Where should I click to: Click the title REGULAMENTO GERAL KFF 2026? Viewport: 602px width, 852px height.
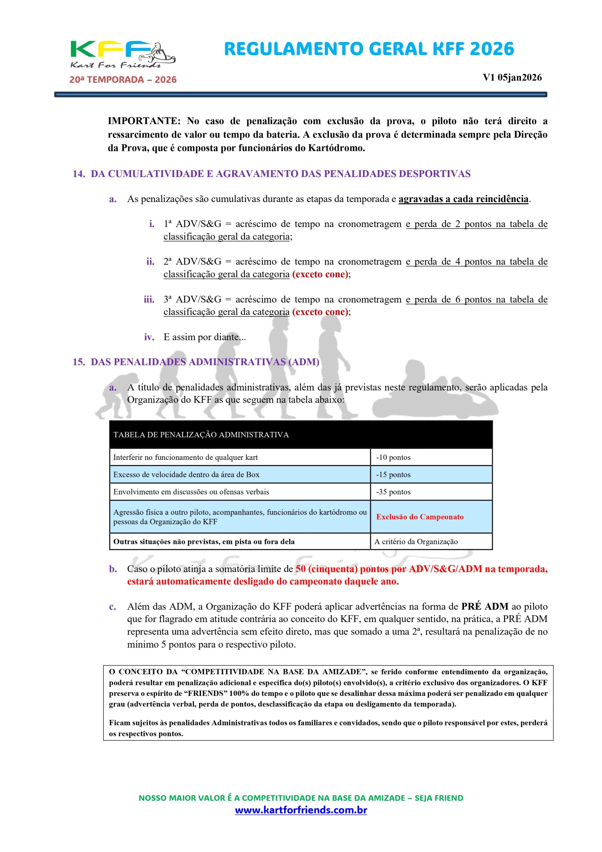pyautogui.click(x=369, y=49)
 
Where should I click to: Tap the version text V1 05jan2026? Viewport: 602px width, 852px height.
pyautogui.click(x=512, y=78)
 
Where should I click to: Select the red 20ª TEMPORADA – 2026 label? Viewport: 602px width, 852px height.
pyautogui.click(x=123, y=80)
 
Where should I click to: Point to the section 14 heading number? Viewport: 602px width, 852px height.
pyautogui.click(x=78, y=174)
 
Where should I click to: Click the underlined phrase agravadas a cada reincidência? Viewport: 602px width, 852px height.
pyautogui.click(x=463, y=199)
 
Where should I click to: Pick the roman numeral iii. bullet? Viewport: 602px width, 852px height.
pyautogui.click(x=149, y=300)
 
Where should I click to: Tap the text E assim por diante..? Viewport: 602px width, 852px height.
pyautogui.click(x=205, y=337)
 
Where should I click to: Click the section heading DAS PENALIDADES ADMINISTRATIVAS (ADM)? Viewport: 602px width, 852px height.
pyautogui.click(x=205, y=362)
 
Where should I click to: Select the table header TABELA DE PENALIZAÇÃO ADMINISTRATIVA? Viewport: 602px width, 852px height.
pyautogui.click(x=201, y=435)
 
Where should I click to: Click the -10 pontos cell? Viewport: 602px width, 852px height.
pyautogui.click(x=393, y=458)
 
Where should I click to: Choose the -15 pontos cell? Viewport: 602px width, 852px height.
pyautogui.click(x=393, y=475)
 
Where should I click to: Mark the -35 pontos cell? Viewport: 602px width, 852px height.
pyautogui.click(x=393, y=492)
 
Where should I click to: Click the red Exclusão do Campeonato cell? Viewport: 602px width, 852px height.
pyautogui.click(x=420, y=517)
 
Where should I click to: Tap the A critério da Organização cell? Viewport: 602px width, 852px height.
pyautogui.click(x=416, y=542)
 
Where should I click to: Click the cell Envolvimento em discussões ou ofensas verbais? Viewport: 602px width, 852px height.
pyautogui.click(x=191, y=492)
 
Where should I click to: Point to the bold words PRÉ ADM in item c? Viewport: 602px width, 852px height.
pyautogui.click(x=484, y=607)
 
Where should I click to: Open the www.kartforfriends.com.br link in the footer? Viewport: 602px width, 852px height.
pyautogui.click(x=301, y=810)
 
